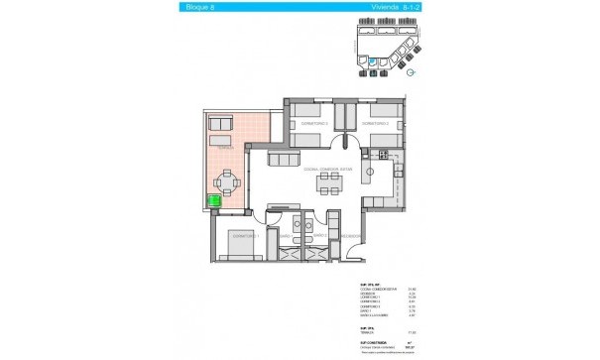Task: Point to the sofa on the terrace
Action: coord(220,126)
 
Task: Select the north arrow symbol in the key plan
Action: coord(410,72)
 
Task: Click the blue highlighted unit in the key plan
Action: coord(372,63)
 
